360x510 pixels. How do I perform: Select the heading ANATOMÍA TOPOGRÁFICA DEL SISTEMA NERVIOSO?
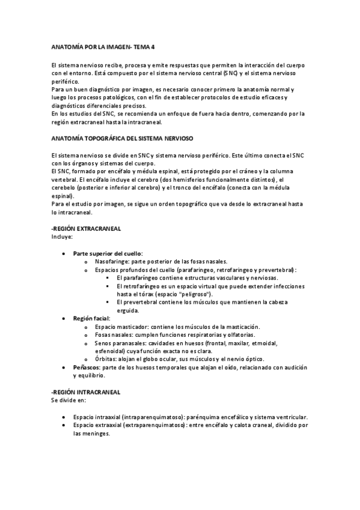123,138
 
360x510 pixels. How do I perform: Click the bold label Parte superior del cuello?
108,254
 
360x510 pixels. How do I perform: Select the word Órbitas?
106,359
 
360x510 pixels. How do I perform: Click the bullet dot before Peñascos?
64,367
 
